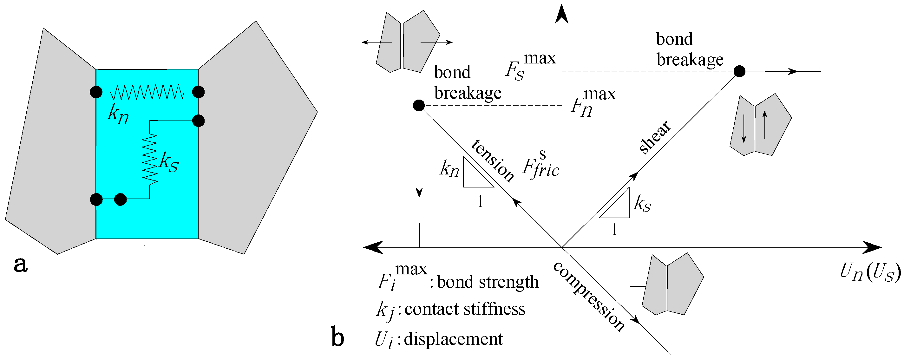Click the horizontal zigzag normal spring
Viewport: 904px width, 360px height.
(147, 92)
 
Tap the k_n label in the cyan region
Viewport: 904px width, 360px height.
(118, 115)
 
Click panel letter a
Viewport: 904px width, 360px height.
(20, 264)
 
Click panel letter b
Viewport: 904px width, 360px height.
(337, 337)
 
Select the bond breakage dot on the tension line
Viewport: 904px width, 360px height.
(419, 105)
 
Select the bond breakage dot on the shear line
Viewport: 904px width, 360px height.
(739, 71)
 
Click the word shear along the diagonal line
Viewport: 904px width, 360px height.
(655, 137)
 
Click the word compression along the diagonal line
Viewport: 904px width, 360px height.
(589, 297)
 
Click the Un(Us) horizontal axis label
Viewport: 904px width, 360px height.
(870, 272)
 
